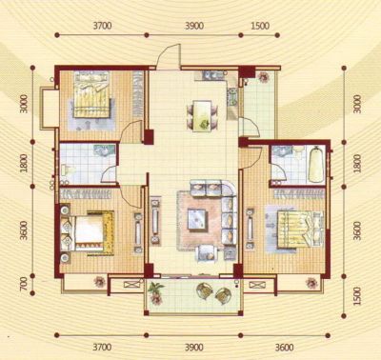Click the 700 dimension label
[24, 284]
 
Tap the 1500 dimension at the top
[260, 26]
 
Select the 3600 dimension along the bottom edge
[284, 348]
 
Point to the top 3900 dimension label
[194, 26]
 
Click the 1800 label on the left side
[24, 163]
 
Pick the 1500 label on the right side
[357, 296]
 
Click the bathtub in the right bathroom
[315, 164]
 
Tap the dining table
[202, 115]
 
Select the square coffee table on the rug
[197, 219]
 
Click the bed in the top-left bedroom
[92, 94]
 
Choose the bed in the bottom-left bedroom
[87, 232]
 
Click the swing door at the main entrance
[169, 56]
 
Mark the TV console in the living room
[155, 221]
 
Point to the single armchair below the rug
[207, 254]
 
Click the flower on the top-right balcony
[263, 77]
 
